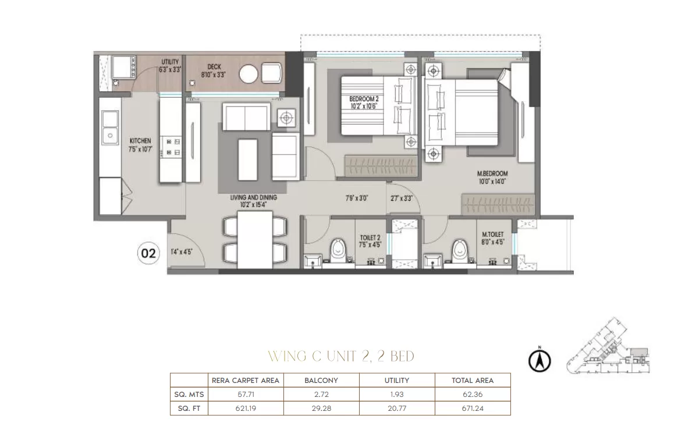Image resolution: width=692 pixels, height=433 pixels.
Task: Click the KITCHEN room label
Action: click(140, 141)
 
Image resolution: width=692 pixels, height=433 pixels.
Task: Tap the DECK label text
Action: click(214, 67)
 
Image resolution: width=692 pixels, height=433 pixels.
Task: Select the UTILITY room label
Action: click(170, 62)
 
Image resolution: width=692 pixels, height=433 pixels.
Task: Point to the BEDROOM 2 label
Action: click(364, 100)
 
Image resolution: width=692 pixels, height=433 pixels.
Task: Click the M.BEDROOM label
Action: click(492, 174)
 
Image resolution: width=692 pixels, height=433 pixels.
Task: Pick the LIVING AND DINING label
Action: click(253, 198)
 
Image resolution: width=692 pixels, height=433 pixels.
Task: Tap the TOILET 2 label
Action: click(370, 238)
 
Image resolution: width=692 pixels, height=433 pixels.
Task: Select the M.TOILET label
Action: click(492, 235)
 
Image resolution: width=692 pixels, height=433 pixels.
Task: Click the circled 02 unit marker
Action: click(148, 253)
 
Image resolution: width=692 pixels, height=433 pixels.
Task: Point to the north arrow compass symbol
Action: click(540, 361)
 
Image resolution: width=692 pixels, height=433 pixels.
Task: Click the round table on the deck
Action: click(249, 74)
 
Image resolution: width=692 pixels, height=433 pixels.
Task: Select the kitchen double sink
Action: click(110, 127)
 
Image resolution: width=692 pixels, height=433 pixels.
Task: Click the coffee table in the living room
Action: click(247, 159)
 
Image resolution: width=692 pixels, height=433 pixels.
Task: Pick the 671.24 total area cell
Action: click(473, 409)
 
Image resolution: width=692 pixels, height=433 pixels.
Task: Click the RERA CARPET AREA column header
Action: click(246, 381)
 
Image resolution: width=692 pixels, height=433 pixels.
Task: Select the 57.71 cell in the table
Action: click(246, 394)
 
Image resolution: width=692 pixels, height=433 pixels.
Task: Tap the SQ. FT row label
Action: click(189, 409)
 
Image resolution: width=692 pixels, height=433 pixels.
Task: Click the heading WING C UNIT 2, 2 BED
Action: click(341, 356)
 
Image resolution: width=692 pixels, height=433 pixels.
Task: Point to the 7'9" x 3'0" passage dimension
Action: click(357, 198)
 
